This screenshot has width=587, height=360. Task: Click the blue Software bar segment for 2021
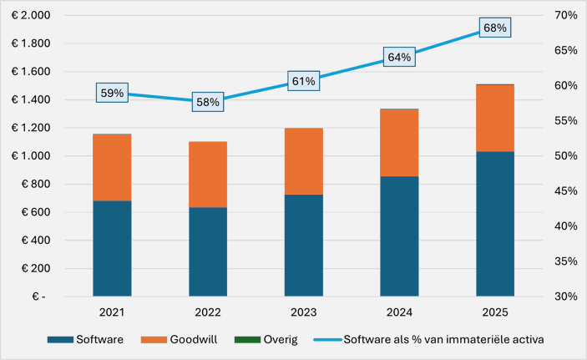tap(112, 248)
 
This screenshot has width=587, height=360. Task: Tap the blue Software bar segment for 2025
tap(495, 224)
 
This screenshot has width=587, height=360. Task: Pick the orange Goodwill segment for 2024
tap(399, 143)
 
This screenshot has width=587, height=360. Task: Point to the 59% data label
tap(112, 94)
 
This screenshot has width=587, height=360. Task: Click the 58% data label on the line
tap(208, 102)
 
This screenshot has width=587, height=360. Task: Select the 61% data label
tap(304, 81)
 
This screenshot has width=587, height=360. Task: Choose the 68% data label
tap(494, 28)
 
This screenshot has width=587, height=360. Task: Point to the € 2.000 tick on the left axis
tap(28, 16)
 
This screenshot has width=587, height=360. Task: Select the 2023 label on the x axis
tap(304, 312)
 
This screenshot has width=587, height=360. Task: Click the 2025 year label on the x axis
tap(495, 312)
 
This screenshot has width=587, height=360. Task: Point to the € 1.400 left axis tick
tap(28, 100)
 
